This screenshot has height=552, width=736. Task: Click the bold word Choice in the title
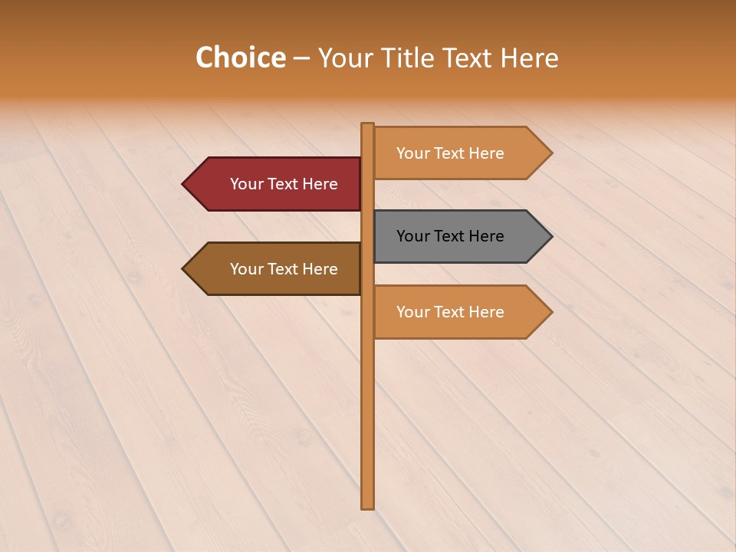240,58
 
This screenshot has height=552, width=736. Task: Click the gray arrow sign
460,236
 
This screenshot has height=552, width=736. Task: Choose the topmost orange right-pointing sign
460,153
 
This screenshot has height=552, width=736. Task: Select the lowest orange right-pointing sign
460,312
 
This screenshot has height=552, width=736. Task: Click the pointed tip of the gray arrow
550,236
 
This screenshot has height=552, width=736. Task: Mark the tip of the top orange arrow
550,153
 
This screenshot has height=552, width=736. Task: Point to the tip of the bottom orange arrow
550,312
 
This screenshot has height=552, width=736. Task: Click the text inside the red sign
284,184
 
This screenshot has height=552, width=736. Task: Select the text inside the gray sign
450,236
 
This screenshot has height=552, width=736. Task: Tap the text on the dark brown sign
284,269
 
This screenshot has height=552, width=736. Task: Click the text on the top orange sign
450,153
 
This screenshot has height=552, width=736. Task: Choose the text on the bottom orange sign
450,312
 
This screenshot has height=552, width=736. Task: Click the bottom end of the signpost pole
367,505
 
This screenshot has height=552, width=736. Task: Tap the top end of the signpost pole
367,126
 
